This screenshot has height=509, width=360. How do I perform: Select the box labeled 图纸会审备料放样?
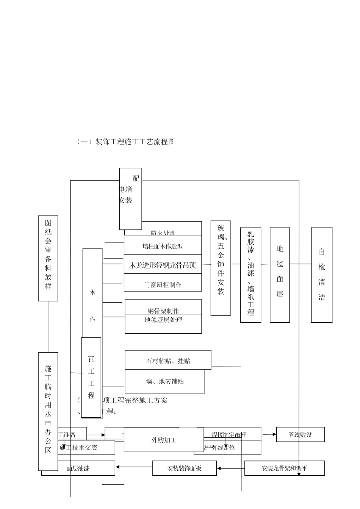48,258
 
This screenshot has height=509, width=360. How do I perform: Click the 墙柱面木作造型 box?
163,246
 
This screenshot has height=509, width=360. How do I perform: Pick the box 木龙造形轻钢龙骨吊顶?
163,265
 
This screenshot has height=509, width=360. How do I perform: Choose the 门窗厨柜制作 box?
163,284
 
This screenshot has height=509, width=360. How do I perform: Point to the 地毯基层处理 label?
163,320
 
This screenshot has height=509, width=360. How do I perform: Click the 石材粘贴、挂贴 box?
168,361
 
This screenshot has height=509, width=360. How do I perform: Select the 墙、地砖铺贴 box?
165,381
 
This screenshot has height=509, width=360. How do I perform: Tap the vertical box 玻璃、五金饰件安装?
221,268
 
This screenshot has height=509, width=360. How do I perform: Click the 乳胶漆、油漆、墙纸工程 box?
250,275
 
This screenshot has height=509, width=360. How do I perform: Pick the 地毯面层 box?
280,275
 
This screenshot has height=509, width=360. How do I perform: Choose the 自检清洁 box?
322,275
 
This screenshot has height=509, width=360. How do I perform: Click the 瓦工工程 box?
91,377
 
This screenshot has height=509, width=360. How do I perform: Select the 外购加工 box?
164,440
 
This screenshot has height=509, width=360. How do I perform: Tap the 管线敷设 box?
300,434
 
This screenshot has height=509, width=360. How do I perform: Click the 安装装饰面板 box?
185,468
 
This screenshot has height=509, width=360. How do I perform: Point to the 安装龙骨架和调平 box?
284,468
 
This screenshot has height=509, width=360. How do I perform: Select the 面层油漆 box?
78,468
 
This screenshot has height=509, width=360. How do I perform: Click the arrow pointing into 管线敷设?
269,434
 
